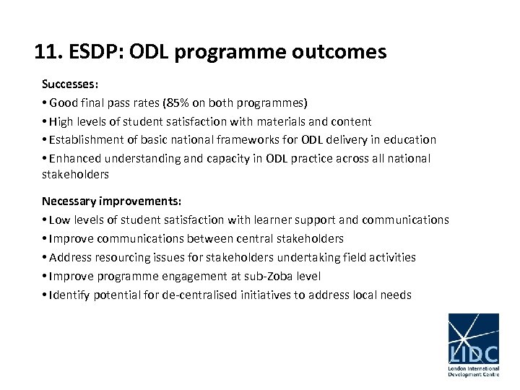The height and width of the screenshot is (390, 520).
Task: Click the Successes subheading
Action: point(70,84)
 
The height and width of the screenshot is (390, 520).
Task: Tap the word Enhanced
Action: point(73,158)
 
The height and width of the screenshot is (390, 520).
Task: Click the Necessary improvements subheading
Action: point(111,201)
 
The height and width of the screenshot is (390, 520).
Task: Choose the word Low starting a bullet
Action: point(59,220)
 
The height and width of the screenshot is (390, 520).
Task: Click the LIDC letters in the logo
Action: point(473,354)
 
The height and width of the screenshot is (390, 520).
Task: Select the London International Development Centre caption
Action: point(473,371)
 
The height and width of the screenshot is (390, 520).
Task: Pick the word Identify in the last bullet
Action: point(70,295)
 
